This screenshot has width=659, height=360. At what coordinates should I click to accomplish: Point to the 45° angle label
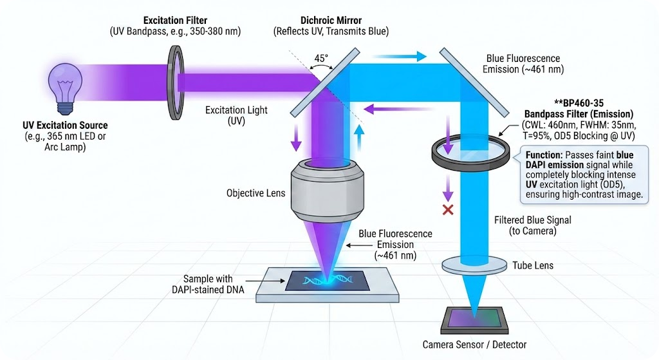click(320, 58)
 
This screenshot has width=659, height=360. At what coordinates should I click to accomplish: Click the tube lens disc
click(475, 264)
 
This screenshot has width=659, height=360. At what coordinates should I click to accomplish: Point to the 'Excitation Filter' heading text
click(176, 20)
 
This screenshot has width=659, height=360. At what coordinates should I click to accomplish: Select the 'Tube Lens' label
click(533, 265)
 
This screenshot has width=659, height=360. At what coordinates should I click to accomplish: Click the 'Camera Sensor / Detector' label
click(474, 345)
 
